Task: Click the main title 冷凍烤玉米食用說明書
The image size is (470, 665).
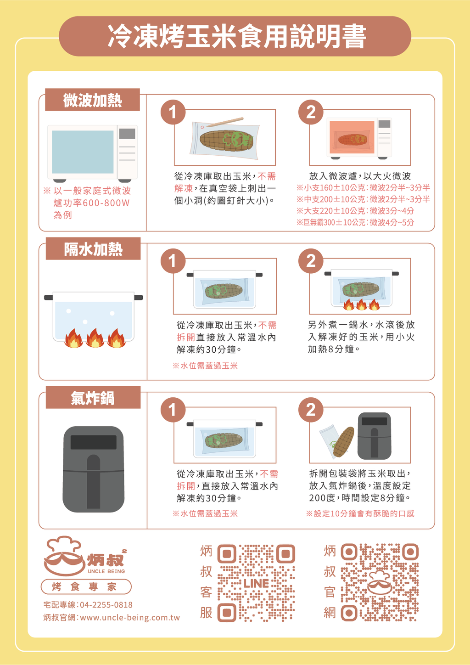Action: tap(237, 36)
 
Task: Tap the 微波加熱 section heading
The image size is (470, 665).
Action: tap(92, 100)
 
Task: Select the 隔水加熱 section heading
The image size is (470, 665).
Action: tap(93, 249)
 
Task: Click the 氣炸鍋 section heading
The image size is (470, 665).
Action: tap(93, 398)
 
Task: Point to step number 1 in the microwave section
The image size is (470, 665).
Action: tap(173, 112)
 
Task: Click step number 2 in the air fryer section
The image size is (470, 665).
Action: tap(311, 410)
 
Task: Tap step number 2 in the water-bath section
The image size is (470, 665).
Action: tap(311, 261)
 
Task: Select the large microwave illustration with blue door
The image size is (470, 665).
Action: tap(93, 153)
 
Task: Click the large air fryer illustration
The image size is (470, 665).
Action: tap(94, 469)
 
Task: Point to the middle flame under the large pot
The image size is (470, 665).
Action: tap(95, 338)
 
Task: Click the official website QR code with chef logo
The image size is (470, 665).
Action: tap(380, 582)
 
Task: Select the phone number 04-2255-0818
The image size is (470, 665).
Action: tap(106, 605)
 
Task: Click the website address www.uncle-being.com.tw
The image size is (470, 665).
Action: tap(130, 618)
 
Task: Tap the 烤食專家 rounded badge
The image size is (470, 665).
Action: tap(86, 586)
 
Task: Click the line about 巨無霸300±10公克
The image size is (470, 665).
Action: tap(355, 222)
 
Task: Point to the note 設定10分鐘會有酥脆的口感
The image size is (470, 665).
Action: tap(360, 513)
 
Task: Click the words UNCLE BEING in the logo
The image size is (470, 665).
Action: tap(106, 571)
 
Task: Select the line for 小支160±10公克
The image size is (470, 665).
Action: tap(363, 188)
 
